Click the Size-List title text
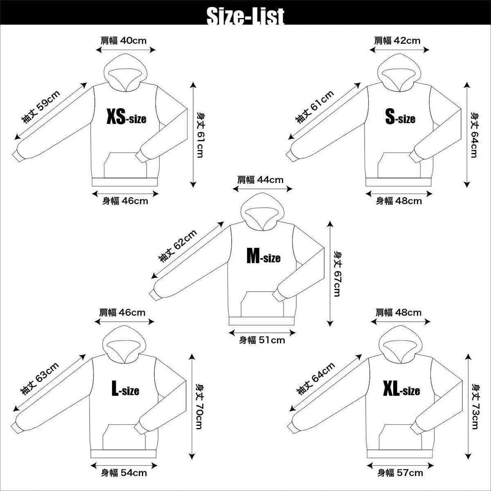pyautogui.click(x=245, y=16)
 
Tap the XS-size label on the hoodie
pyautogui.click(x=126, y=117)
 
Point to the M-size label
pyautogui.click(x=264, y=256)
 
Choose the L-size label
pyautogui.click(x=125, y=388)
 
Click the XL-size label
pyautogui.click(x=401, y=388)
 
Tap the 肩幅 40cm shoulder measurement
pyautogui.click(x=124, y=41)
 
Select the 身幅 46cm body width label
pyautogui.click(x=125, y=201)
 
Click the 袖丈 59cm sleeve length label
pyautogui.click(x=41, y=107)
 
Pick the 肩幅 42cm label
pyautogui.click(x=397, y=41)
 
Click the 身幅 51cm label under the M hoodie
pyautogui.click(x=262, y=340)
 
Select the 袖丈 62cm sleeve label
pyautogui.click(x=178, y=246)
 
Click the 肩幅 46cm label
pyautogui.click(x=122, y=312)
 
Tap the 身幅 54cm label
pyautogui.click(x=124, y=473)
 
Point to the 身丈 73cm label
pyautogui.click(x=475, y=407)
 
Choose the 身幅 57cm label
pyautogui.click(x=400, y=473)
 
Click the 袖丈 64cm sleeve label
pyautogui.click(x=316, y=379)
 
